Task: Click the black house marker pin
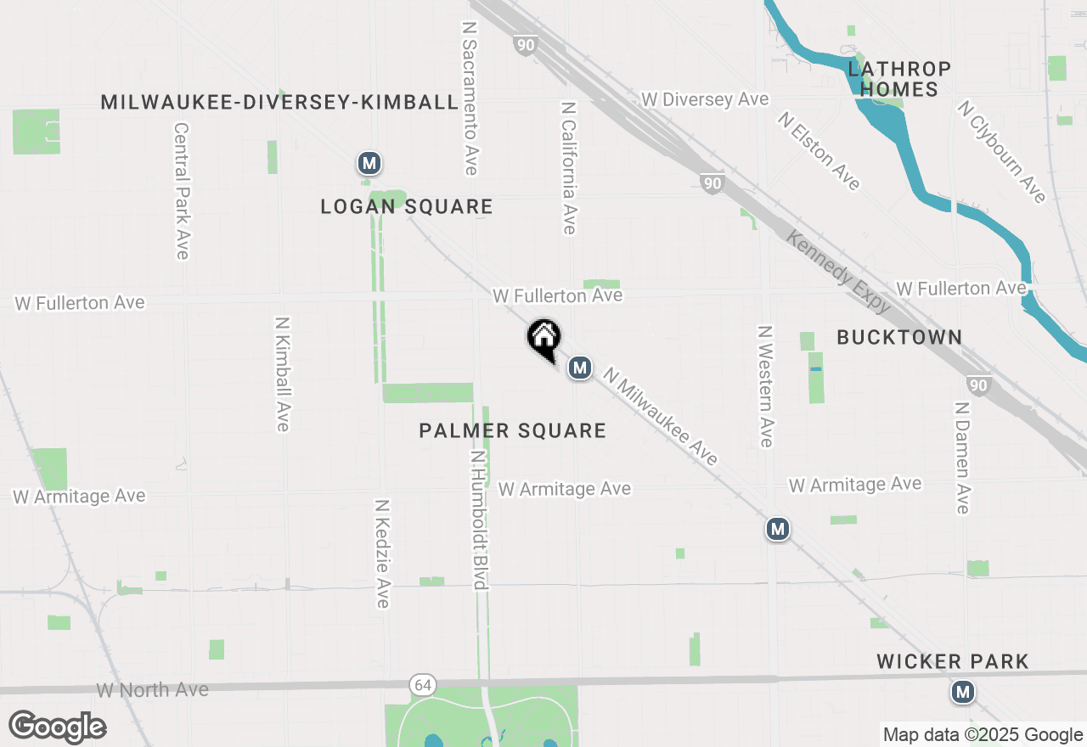pyautogui.click(x=543, y=339)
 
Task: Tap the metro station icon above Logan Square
pyautogui.click(x=369, y=163)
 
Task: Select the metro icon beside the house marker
pyautogui.click(x=579, y=368)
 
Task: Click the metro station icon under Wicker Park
pyautogui.click(x=962, y=693)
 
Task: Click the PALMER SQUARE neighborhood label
pyautogui.click(x=513, y=431)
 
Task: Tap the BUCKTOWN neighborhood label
pyautogui.click(x=899, y=337)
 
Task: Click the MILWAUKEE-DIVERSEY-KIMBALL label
pyautogui.click(x=279, y=103)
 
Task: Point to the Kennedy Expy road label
pyautogui.click(x=837, y=271)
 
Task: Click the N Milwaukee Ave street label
pyautogui.click(x=661, y=416)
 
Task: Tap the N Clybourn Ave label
pyautogui.click(x=1001, y=152)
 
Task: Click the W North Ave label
pyautogui.click(x=153, y=690)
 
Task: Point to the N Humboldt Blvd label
pyautogui.click(x=478, y=520)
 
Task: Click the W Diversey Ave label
pyautogui.click(x=705, y=99)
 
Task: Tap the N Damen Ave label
pyautogui.click(x=962, y=458)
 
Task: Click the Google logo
pyautogui.click(x=57, y=727)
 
